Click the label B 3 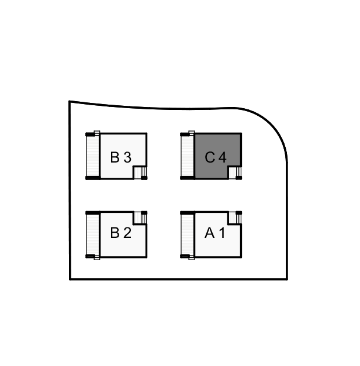click(x=121, y=157)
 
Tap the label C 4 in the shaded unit click(x=215, y=157)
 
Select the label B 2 click(x=121, y=233)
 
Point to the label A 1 click(x=215, y=233)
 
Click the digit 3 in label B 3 click(x=127, y=157)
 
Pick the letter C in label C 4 click(x=210, y=157)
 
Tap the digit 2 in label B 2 click(x=127, y=233)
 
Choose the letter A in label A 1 click(x=210, y=233)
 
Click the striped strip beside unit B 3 click(x=92, y=156)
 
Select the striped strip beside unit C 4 click(x=188, y=156)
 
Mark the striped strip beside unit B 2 click(x=92, y=234)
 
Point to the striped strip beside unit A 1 click(x=188, y=234)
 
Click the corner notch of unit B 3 click(x=140, y=172)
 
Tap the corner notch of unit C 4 click(x=234, y=172)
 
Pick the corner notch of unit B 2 click(x=140, y=217)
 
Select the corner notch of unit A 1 click(x=234, y=217)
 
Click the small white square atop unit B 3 click(x=97, y=133)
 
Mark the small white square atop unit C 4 click(x=192, y=133)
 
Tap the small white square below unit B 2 click(x=97, y=257)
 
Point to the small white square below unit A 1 click(x=192, y=257)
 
